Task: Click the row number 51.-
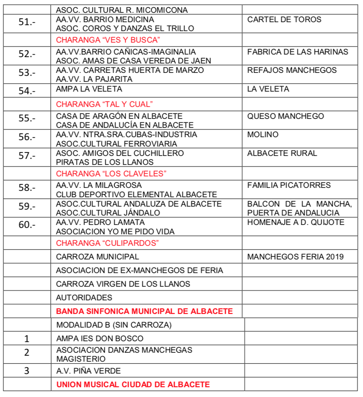27,23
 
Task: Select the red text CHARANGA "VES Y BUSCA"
108,40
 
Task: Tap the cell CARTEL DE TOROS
284,20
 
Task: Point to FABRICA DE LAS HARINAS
297,52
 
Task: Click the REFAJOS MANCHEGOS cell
292,70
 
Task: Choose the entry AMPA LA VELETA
89,89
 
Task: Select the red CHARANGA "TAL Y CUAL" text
104,104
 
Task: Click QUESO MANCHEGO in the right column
285,116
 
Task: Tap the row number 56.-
27,138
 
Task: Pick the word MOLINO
262,135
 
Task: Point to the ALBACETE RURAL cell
282,153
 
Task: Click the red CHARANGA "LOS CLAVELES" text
111,173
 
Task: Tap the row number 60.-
27,225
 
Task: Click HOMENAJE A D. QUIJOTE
296,222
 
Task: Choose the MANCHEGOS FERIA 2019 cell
295,257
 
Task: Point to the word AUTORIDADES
84,298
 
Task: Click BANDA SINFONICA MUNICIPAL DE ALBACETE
144,311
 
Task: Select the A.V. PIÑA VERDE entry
89,371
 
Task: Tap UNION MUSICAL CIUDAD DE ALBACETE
133,385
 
